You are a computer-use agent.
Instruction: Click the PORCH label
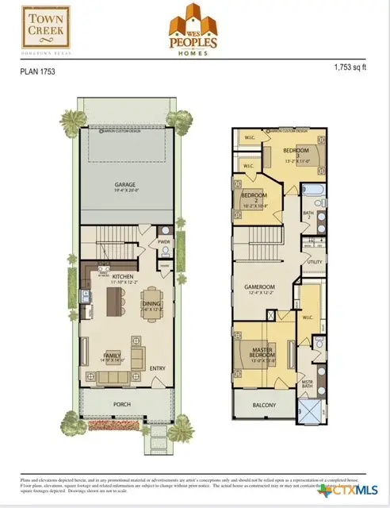click(122, 404)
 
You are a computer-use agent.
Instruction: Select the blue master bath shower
click(308, 413)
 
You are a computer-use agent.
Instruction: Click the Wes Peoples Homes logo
click(195, 31)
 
